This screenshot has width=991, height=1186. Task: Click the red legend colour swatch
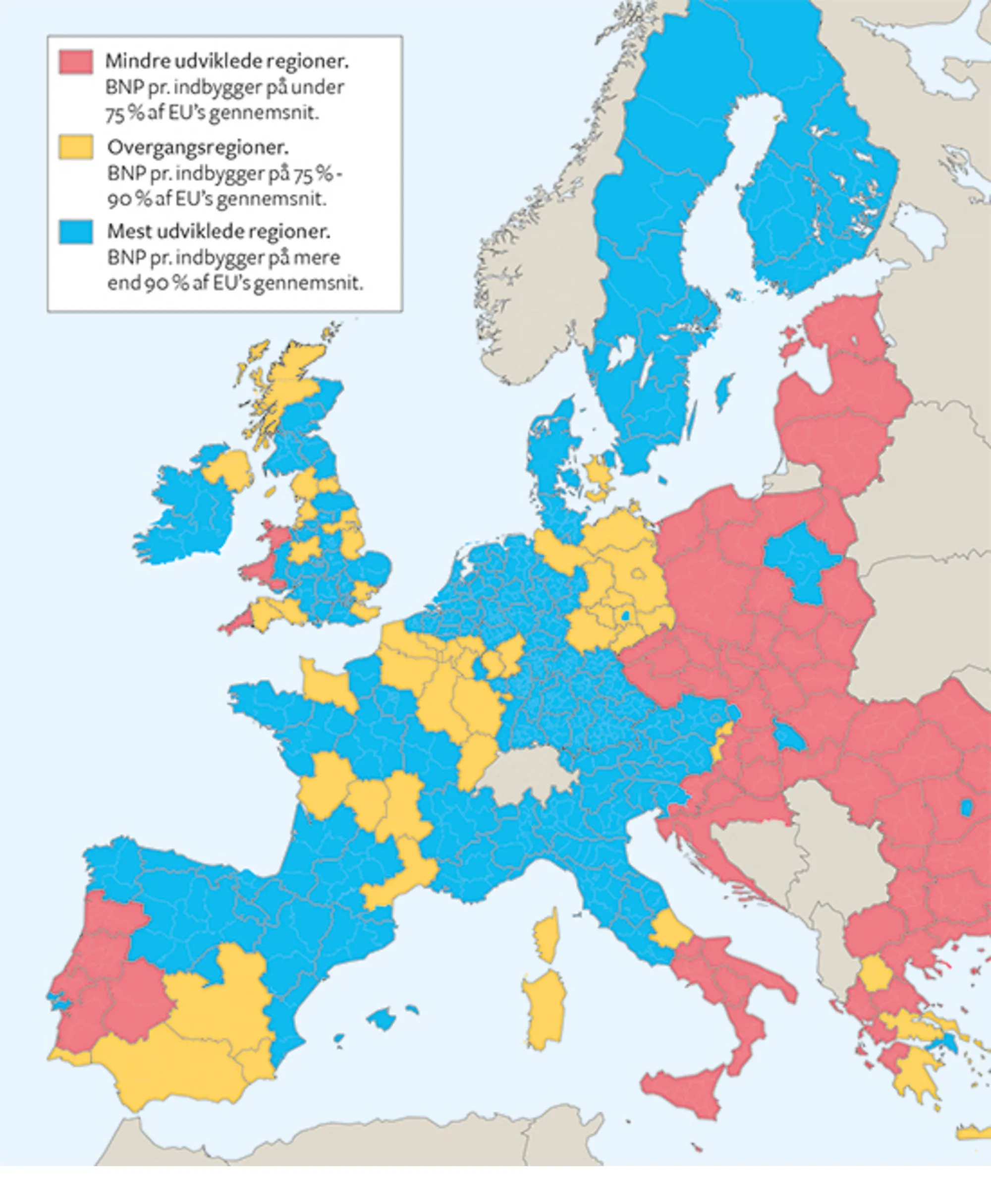(x=76, y=61)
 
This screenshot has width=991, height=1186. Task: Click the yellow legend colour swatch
(x=76, y=147)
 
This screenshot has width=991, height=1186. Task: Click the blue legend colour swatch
(x=76, y=231)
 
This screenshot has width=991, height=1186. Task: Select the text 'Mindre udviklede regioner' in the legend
(x=226, y=61)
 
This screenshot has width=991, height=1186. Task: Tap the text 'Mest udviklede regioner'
(x=219, y=231)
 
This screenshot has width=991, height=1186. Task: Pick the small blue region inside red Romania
(x=966, y=808)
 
